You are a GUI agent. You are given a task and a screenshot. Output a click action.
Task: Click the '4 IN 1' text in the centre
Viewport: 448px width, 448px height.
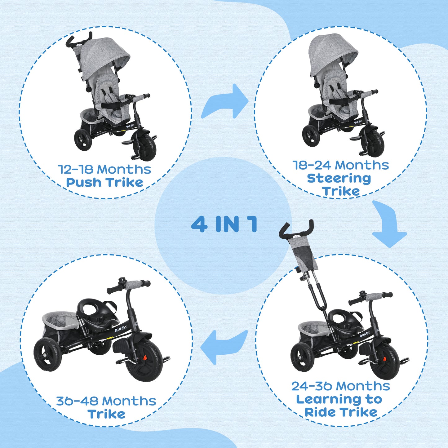click(224, 224)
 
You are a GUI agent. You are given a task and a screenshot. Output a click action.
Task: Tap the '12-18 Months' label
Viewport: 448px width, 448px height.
click(104, 170)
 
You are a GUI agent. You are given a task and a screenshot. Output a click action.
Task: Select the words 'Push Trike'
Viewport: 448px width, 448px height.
click(104, 183)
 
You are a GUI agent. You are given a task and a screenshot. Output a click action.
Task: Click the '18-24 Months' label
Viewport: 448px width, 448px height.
click(340, 165)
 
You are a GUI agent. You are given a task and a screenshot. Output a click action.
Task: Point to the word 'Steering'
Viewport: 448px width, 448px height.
click(339, 179)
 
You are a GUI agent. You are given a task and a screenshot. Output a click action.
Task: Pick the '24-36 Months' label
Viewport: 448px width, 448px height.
click(340, 386)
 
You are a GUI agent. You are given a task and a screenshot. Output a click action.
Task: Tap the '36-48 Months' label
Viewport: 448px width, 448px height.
click(106, 401)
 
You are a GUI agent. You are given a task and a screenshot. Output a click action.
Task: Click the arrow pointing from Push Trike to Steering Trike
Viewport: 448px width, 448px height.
click(226, 102)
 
